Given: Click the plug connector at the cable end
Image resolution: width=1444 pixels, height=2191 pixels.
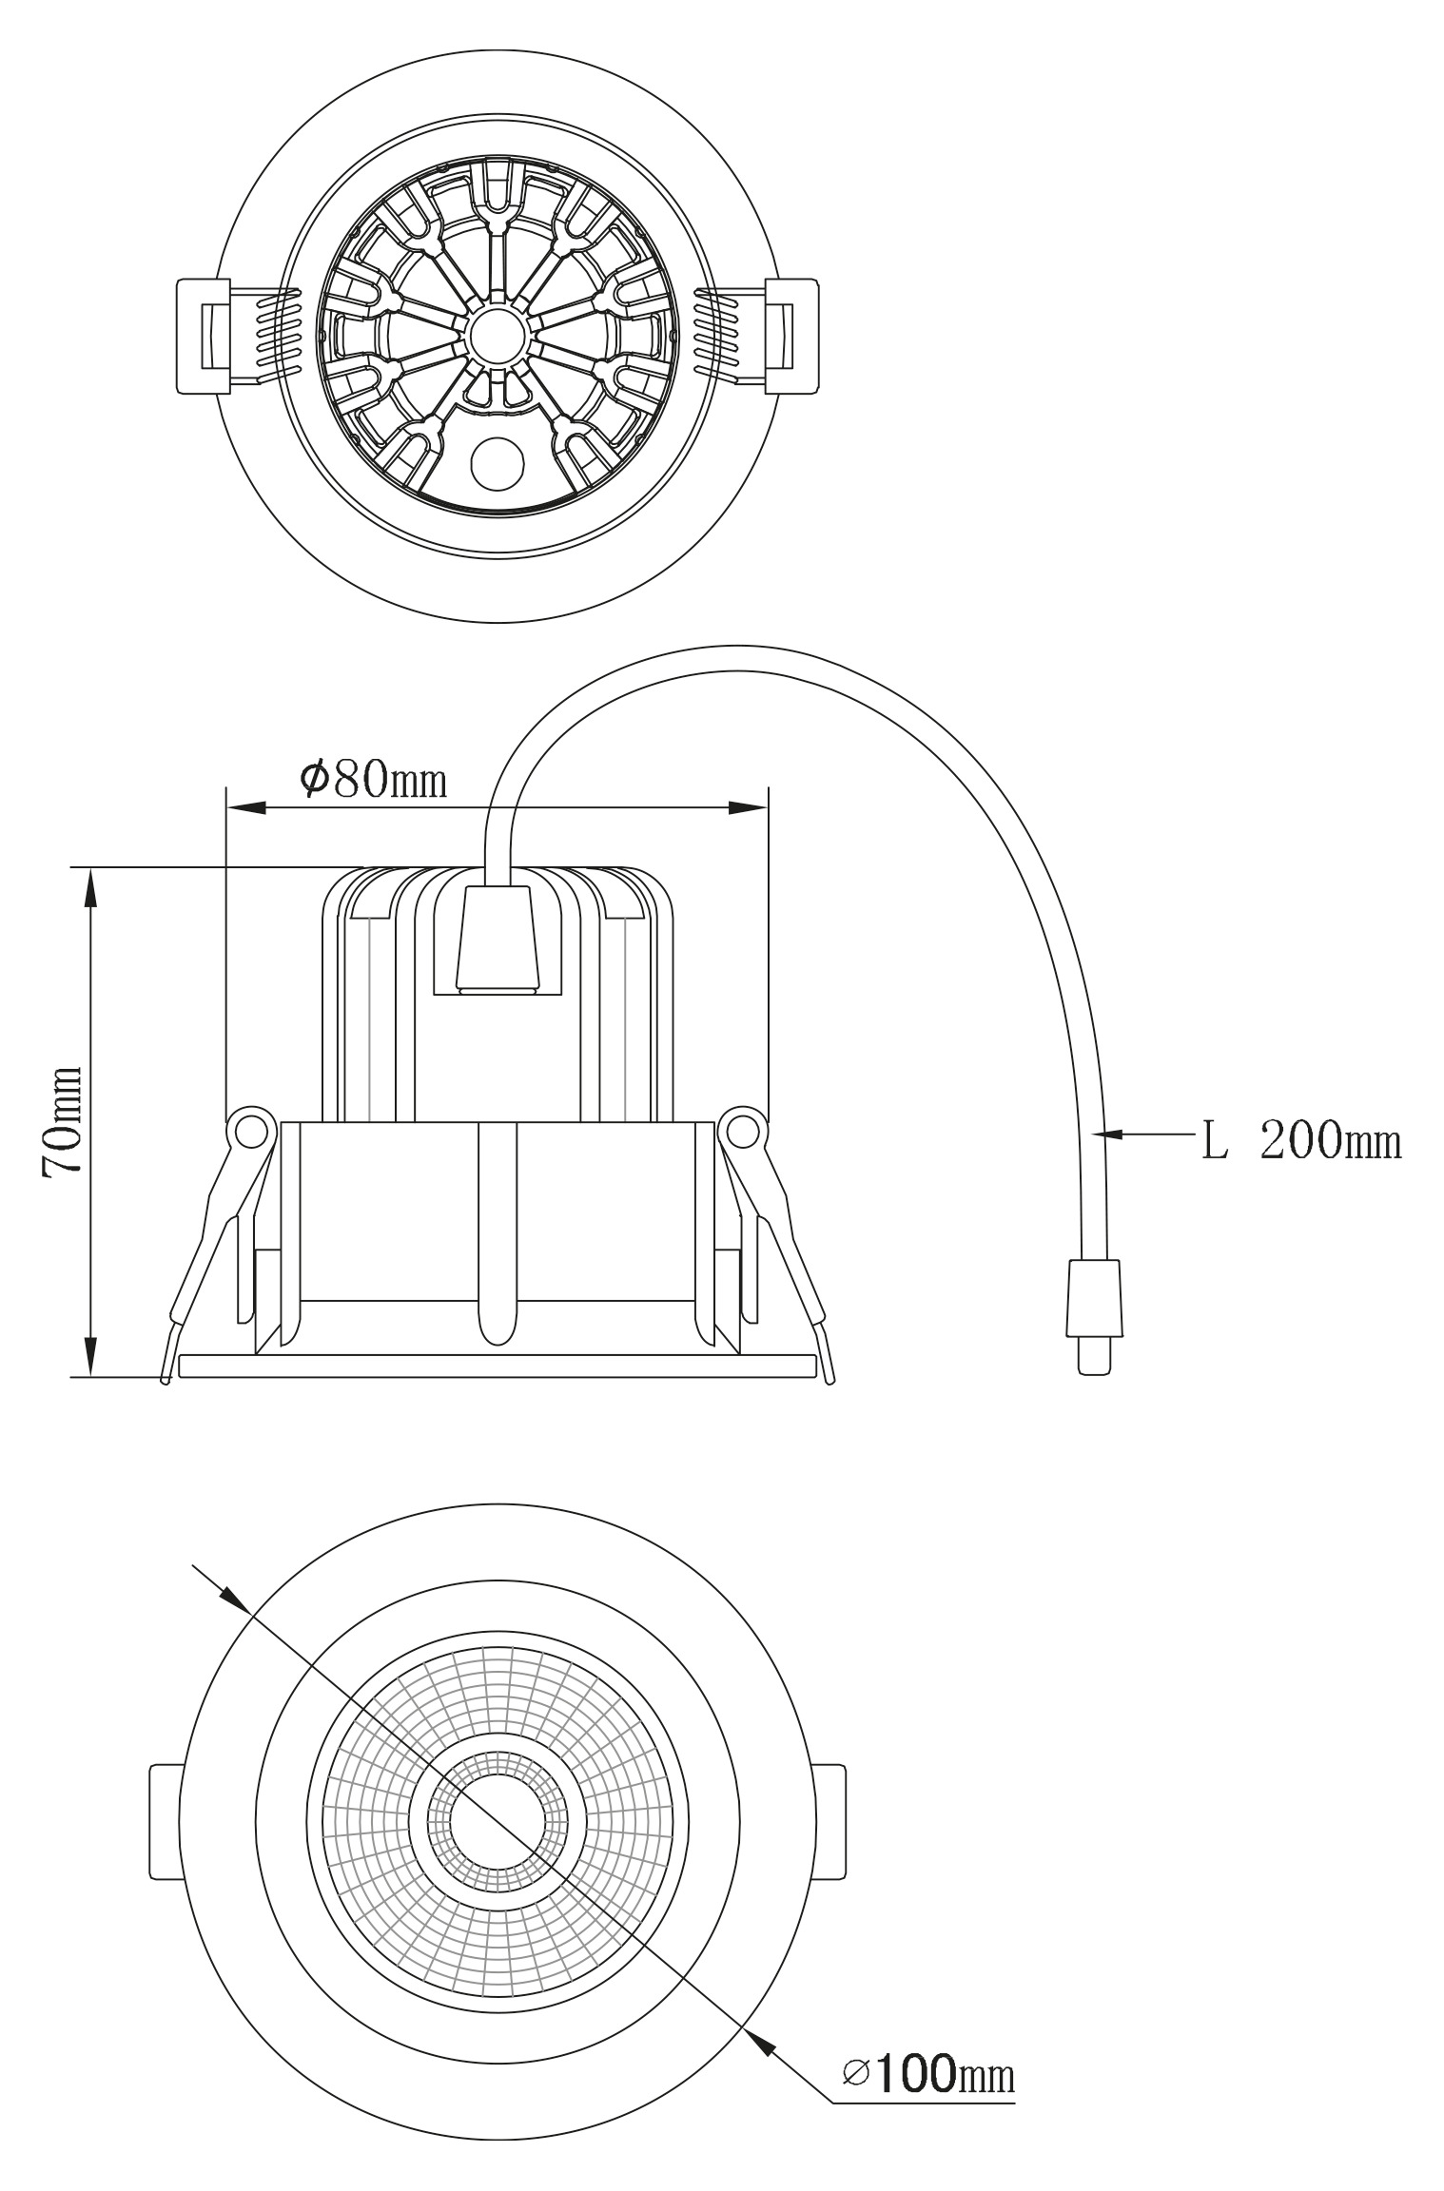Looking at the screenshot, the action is click(1094, 1316).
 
